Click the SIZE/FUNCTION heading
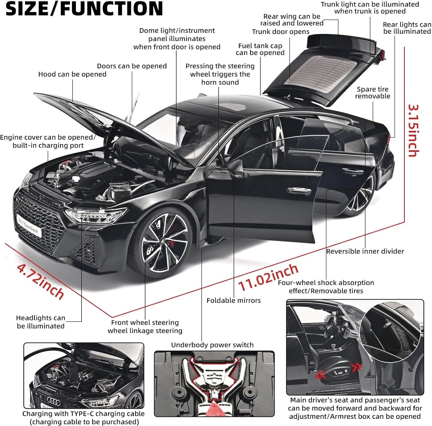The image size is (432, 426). [x=84, y=9]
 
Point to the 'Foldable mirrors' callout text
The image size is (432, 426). [x=234, y=301]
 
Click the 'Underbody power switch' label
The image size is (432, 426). [x=212, y=345]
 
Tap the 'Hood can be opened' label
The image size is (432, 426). [x=72, y=74]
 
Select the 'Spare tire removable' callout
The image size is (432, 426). [x=373, y=93]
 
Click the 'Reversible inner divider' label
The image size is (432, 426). [x=365, y=251]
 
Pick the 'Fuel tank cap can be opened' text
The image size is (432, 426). [x=260, y=49]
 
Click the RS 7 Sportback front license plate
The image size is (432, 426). [x=29, y=225]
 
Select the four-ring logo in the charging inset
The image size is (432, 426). [x=54, y=400]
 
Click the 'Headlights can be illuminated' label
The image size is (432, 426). [x=41, y=322]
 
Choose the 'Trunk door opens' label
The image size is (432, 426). [x=281, y=32]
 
